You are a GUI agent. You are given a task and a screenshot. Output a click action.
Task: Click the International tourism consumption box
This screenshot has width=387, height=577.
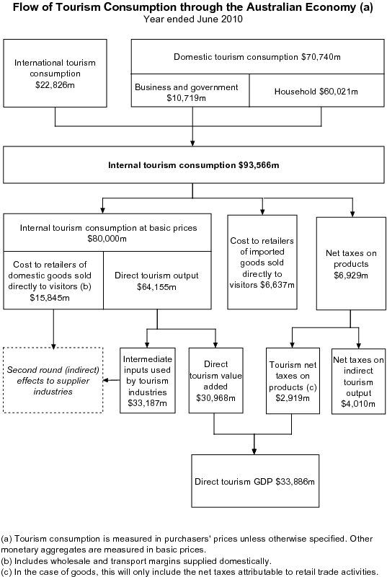(55, 72)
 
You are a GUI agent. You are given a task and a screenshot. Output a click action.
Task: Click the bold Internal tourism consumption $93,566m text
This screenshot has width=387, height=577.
(193, 165)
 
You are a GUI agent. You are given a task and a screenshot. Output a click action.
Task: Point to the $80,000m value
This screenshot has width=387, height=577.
(107, 239)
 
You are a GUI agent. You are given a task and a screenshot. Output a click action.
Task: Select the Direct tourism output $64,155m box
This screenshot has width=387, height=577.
(156, 281)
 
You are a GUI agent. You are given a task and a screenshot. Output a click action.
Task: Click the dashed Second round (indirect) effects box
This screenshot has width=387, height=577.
(51, 380)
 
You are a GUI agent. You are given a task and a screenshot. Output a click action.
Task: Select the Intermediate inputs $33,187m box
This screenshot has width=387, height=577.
(147, 380)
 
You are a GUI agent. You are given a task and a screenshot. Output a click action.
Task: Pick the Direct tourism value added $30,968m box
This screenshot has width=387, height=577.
(215, 380)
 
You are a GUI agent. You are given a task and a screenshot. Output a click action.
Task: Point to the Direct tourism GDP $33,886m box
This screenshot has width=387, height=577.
(257, 480)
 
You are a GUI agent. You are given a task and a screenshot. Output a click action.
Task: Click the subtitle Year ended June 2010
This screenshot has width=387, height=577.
(193, 19)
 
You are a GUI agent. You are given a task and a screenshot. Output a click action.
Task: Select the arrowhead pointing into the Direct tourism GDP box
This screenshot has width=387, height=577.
(254, 451)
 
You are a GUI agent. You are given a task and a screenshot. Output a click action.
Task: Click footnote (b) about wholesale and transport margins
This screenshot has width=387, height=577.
(137, 560)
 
